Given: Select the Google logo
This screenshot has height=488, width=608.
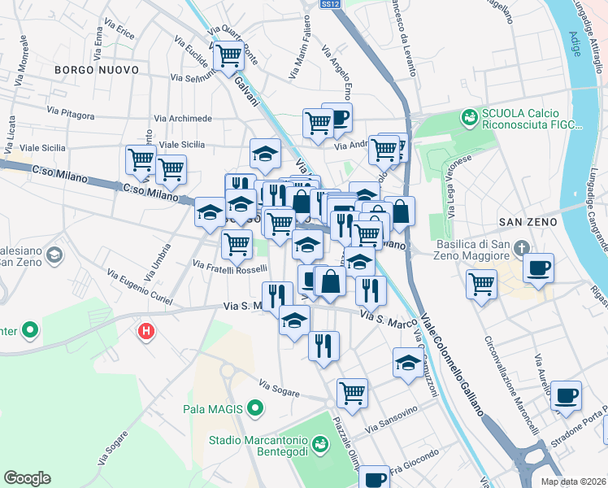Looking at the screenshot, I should pyautogui.click(x=27, y=478).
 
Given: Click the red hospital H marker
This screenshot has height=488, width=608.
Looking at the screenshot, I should pyautogui.click(x=146, y=331).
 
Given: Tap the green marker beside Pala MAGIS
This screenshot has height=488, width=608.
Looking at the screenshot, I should pyautogui.click(x=256, y=407).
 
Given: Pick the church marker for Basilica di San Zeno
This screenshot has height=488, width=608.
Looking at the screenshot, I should pyautogui.click(x=526, y=246).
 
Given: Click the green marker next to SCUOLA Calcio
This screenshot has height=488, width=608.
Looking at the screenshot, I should pyautogui.click(x=469, y=119).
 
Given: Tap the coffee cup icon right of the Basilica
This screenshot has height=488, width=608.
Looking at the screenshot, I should pyautogui.click(x=536, y=268).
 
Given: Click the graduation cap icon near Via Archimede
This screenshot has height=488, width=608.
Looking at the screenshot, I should pyautogui.click(x=264, y=151).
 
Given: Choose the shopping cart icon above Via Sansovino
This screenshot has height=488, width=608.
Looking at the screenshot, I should pyautogui.click(x=352, y=392).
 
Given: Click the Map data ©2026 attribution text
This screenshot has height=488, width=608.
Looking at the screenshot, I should pyautogui.click(x=574, y=481).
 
